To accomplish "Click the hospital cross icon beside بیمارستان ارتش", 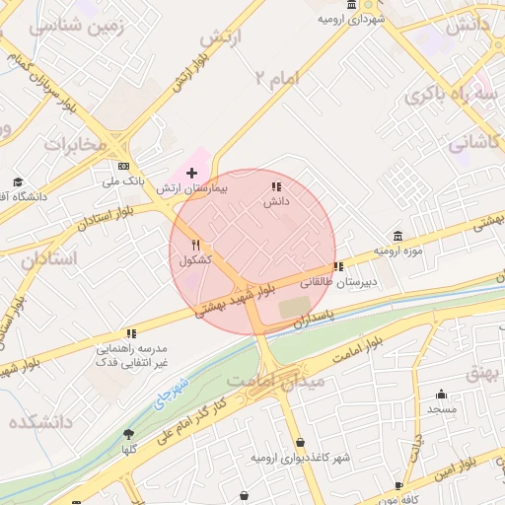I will (x=191, y=173).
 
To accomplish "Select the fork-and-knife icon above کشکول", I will (x=196, y=245).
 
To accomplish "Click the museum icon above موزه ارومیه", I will (x=397, y=236).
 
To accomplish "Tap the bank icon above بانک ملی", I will (x=123, y=167).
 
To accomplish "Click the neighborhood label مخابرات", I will (x=75, y=145).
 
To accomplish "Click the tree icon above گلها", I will (x=128, y=434).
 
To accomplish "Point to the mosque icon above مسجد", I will (x=441, y=394).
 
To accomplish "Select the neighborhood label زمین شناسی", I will (x=79, y=28).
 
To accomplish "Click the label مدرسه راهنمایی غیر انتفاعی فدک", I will (x=131, y=356).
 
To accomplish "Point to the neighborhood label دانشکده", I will (x=42, y=422).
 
